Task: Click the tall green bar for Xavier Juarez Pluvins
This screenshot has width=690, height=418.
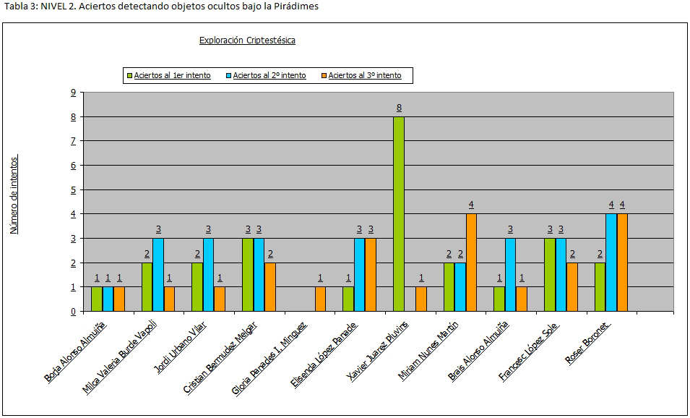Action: click(399, 213)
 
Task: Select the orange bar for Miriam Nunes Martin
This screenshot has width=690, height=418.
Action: click(471, 262)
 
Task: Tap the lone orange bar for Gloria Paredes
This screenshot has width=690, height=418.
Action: click(320, 299)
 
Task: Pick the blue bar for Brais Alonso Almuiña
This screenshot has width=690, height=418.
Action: click(510, 274)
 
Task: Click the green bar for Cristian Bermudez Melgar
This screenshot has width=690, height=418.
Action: click(247, 274)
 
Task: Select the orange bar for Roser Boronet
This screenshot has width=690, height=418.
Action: click(621, 262)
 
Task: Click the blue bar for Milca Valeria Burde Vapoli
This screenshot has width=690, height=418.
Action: click(158, 274)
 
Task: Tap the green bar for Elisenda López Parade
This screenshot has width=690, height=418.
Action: click(348, 299)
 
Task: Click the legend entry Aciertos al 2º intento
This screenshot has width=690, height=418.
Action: click(269, 75)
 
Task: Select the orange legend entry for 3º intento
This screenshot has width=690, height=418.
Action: click(364, 75)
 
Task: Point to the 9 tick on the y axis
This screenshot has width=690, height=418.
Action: click(73, 92)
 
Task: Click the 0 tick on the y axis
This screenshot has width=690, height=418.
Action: click(73, 312)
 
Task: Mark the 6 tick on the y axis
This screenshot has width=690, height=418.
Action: click(73, 165)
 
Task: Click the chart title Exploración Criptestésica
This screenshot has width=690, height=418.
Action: click(247, 40)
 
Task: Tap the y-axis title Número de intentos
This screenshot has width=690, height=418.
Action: click(14, 195)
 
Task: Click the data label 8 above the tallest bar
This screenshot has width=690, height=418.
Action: click(399, 108)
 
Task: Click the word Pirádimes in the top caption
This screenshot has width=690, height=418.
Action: click(297, 7)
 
